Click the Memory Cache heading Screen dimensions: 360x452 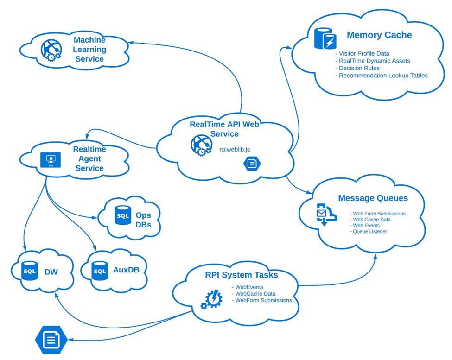click(x=379, y=35)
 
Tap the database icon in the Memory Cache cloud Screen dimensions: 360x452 click(x=325, y=38)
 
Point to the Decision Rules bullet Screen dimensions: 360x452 click(x=359, y=68)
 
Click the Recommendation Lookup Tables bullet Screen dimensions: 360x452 click(x=383, y=76)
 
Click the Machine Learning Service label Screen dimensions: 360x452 click(x=89, y=50)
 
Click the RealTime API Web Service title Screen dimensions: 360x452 click(x=224, y=129)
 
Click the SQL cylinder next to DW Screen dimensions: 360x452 click(x=30, y=271)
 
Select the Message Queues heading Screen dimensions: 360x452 click(x=373, y=198)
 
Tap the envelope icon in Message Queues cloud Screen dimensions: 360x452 click(x=324, y=214)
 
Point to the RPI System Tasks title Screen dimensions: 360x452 click(x=242, y=275)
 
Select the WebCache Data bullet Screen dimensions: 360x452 click(x=255, y=293)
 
